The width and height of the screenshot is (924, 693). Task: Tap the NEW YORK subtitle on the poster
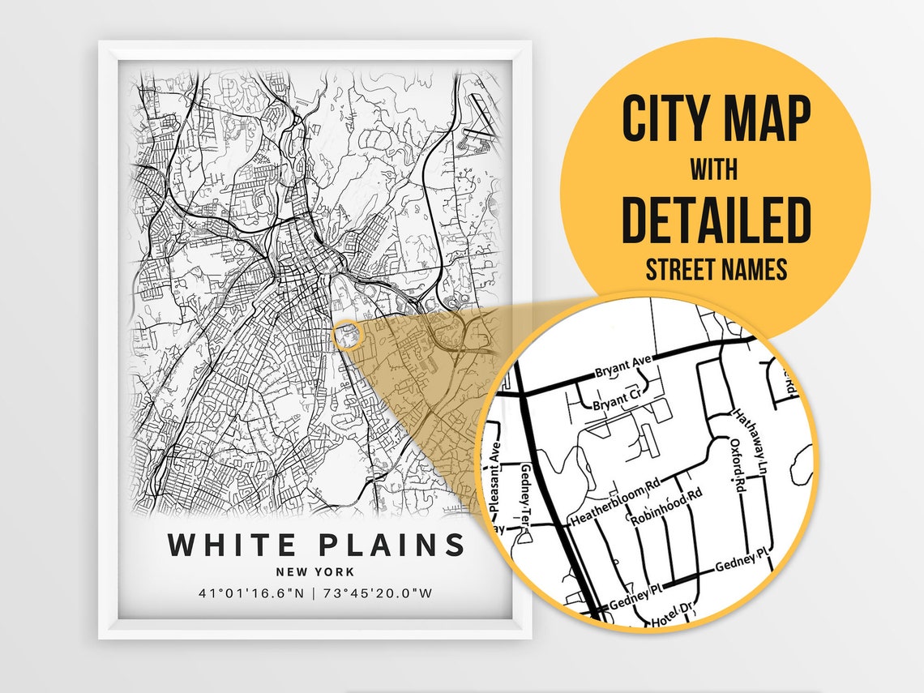[315, 572]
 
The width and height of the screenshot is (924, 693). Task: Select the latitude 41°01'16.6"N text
[251, 593]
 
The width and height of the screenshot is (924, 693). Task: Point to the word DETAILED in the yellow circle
[716, 220]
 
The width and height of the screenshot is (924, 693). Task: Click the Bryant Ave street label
[618, 372]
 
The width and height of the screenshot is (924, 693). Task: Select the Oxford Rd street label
[736, 466]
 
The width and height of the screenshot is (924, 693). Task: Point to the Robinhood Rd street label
[666, 507]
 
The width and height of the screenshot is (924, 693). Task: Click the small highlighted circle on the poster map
[345, 334]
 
